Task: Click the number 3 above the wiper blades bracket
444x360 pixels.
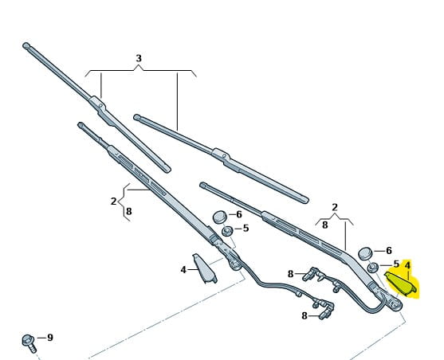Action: pyautogui.click(x=139, y=58)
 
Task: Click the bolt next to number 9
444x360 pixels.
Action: pyautogui.click(x=29, y=343)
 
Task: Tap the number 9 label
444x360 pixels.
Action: pyautogui.click(x=50, y=338)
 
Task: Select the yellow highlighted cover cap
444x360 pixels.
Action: pyautogui.click(x=400, y=284)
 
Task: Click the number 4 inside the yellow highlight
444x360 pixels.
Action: pyautogui.click(x=407, y=265)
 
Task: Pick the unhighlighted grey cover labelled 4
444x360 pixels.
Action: pyautogui.click(x=205, y=268)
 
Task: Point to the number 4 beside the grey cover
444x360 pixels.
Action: pyautogui.click(x=183, y=270)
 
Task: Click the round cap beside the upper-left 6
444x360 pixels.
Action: pyautogui.click(x=220, y=217)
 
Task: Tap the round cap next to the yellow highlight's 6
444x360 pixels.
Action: pyautogui.click(x=365, y=253)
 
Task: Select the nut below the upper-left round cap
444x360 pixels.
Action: pyautogui.click(x=227, y=231)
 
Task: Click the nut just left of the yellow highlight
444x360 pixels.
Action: pyautogui.click(x=373, y=267)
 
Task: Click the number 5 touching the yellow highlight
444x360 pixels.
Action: pyautogui.click(x=396, y=264)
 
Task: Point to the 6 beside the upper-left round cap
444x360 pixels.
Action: pyautogui.click(x=239, y=214)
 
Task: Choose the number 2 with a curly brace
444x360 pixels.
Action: pyautogui.click(x=113, y=202)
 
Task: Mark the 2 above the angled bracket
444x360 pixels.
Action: pyautogui.click(x=335, y=207)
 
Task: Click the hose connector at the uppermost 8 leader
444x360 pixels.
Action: pyautogui.click(x=310, y=274)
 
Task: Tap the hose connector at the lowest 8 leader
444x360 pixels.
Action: pyautogui.click(x=326, y=313)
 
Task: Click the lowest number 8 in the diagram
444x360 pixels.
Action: pyautogui.click(x=305, y=315)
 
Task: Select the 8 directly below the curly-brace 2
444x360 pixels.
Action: pyautogui.click(x=129, y=211)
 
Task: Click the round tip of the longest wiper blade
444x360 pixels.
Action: pyautogui.click(x=26, y=45)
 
